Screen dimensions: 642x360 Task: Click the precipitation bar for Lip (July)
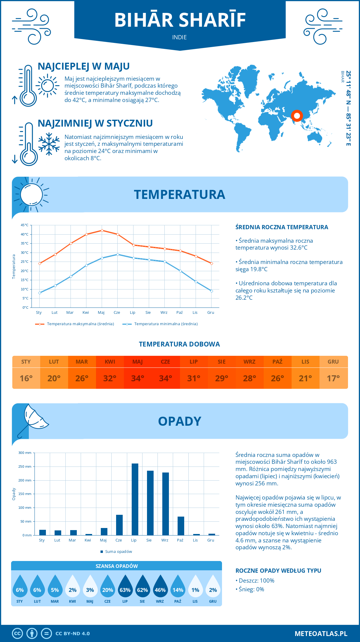(x=135, y=499)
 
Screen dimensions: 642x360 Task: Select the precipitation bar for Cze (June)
(x=119, y=525)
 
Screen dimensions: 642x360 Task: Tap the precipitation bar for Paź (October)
(x=181, y=526)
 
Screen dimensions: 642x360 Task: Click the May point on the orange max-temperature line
(x=102, y=230)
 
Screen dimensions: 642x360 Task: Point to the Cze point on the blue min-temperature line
(x=118, y=254)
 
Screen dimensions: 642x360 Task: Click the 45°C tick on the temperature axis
(x=25, y=225)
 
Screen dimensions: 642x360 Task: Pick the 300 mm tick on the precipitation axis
(x=25, y=453)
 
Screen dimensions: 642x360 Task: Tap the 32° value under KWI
(x=110, y=378)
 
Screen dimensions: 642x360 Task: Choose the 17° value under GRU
(x=333, y=378)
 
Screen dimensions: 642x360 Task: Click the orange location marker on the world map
(x=297, y=115)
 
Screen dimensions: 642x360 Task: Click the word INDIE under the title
(x=179, y=37)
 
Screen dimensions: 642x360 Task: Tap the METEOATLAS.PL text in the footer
(x=321, y=633)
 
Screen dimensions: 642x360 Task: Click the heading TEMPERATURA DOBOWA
(x=179, y=344)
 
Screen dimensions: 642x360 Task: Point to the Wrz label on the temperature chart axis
(x=164, y=312)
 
